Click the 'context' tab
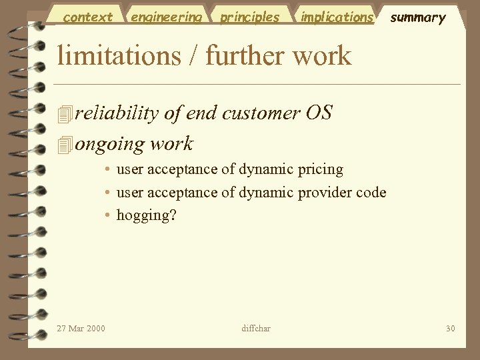tap(87, 17)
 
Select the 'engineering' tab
tap(166, 17)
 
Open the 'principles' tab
tap(250, 17)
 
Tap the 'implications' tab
tap(337, 17)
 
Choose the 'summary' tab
tap(417, 18)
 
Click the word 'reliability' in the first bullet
tap(117, 113)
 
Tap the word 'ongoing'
tap(109, 144)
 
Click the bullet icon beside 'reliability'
tap(64, 115)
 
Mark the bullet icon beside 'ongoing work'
tap(64, 145)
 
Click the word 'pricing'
tap(319, 170)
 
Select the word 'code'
tap(371, 193)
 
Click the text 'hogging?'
tap(146, 215)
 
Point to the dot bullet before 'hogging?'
tap(107, 215)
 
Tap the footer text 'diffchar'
tap(255, 328)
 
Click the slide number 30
tap(450, 328)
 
